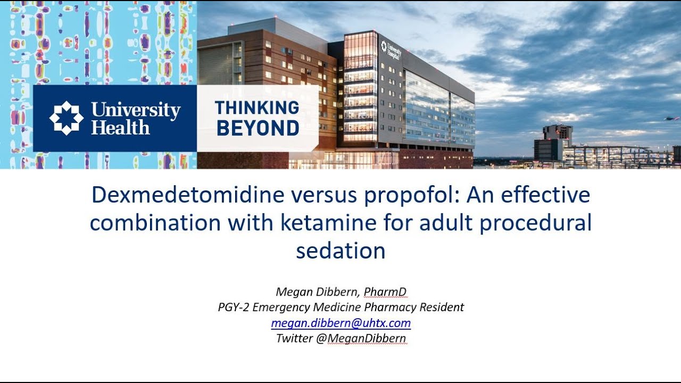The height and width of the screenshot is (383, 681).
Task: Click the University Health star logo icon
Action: click(x=67, y=118)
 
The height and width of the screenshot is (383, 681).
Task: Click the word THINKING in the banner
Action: click(x=257, y=108)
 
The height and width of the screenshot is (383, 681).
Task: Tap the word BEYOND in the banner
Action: click(x=257, y=128)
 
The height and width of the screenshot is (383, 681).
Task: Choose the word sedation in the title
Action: click(x=340, y=251)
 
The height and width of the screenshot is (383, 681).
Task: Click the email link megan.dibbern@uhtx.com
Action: click(x=340, y=323)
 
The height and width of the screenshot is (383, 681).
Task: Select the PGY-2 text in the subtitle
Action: click(x=232, y=307)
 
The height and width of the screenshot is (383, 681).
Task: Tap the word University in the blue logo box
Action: click(x=136, y=110)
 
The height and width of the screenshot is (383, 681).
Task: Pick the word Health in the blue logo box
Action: click(x=120, y=128)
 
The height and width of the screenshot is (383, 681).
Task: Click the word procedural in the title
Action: click(x=536, y=223)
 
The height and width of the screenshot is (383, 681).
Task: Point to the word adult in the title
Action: click(x=445, y=223)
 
